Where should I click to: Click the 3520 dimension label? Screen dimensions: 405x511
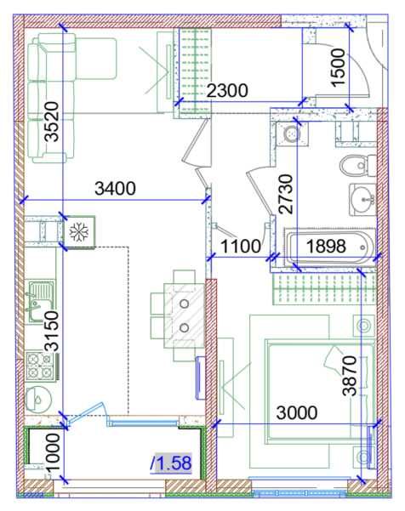pyautogui.click(x=52, y=122)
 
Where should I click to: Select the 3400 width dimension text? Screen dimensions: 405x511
pyautogui.click(x=115, y=189)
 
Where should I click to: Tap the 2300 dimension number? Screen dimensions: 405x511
pyautogui.click(x=227, y=90)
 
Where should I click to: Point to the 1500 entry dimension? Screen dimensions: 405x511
pyautogui.click(x=338, y=67)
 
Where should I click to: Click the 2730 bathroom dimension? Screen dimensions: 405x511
pyautogui.click(x=286, y=194)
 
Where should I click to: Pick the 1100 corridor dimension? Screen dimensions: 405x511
pyautogui.click(x=241, y=246)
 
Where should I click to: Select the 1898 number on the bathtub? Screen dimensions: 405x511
pyautogui.click(x=326, y=246)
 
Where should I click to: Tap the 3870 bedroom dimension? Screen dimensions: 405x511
pyautogui.click(x=350, y=376)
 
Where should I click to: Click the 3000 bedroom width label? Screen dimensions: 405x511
pyautogui.click(x=297, y=412)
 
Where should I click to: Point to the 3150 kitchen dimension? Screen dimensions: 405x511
pyautogui.click(x=52, y=331)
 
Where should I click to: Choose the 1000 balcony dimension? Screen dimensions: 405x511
pyautogui.click(x=53, y=452)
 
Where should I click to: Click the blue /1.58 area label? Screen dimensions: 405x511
pyautogui.click(x=171, y=463)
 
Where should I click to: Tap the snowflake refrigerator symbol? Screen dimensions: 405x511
pyautogui.click(x=78, y=232)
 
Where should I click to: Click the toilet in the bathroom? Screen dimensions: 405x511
pyautogui.click(x=357, y=166)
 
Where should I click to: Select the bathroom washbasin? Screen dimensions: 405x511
pyautogui.click(x=362, y=200)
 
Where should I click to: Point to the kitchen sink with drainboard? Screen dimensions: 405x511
pyautogui.click(x=41, y=300)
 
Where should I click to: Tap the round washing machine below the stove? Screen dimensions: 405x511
pyautogui.click(x=38, y=400)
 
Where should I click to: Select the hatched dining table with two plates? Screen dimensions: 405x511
pyautogui.click(x=185, y=315)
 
